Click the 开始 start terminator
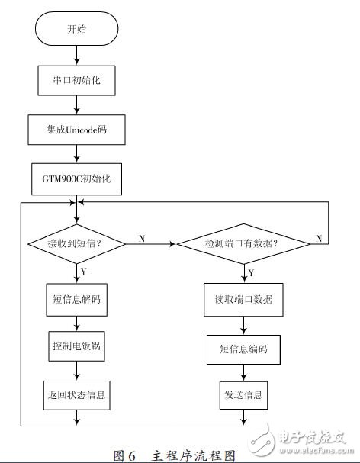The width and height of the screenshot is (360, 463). tap(76, 31)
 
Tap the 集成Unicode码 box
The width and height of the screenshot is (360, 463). tap(76, 129)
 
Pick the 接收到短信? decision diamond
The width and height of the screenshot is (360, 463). tap(76, 244)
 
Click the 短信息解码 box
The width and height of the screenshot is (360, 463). tap(76, 300)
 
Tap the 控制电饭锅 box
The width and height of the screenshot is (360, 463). tap(76, 347)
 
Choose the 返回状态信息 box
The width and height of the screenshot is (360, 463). tap(76, 394)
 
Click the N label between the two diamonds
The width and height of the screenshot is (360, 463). tap(142, 238)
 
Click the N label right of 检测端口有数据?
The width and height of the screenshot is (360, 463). tap(318, 238)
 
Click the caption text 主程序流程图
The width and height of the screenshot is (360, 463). tap(194, 455)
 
